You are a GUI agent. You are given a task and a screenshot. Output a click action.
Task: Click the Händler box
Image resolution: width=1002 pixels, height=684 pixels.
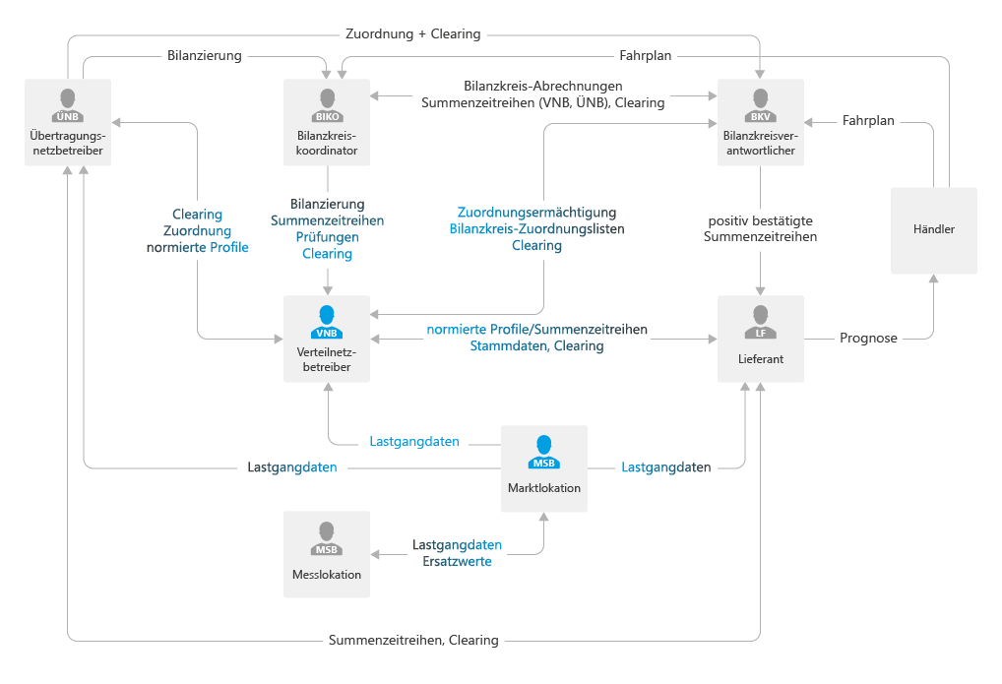pos(933,230)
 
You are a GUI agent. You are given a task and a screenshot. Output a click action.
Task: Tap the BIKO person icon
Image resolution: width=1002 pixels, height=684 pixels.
pos(327,101)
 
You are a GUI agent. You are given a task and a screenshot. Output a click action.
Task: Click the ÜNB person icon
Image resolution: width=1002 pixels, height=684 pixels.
pos(68,101)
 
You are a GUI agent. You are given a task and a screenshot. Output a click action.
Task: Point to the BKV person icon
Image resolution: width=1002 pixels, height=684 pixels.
pos(759,101)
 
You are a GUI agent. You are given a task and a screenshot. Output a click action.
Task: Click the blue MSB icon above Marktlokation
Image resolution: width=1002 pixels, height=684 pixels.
pos(543,451)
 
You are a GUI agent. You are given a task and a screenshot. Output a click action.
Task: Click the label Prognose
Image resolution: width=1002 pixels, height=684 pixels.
pos(868,338)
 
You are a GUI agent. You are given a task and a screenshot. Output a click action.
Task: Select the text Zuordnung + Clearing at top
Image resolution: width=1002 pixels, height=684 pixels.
pos(413,33)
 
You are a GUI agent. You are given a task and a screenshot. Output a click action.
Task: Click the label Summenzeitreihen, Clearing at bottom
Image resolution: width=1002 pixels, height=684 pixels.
pos(413,641)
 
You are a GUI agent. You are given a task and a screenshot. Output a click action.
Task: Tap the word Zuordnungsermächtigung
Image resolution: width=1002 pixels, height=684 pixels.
pos(536,212)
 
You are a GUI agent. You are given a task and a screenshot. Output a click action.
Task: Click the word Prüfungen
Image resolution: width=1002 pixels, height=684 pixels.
pos(328,237)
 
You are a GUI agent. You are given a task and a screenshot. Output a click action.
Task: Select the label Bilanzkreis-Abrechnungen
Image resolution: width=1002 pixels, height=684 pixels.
pos(542,86)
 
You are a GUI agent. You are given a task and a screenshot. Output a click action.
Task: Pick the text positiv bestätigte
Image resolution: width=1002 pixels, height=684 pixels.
pos(761,219)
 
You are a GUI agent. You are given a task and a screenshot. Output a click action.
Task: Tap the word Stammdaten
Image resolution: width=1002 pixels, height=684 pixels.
pos(509,346)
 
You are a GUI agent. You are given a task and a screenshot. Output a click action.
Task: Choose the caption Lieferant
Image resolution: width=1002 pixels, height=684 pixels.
pos(760,359)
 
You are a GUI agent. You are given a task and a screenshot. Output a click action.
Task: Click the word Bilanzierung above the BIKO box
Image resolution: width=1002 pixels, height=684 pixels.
pos(204,56)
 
